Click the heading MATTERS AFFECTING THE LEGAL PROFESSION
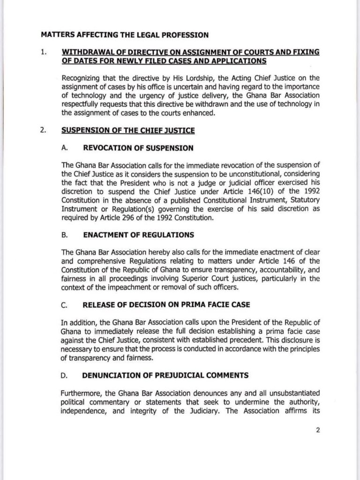124,34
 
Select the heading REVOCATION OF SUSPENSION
138,148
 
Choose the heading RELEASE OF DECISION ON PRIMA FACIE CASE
166,305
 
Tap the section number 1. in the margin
43,52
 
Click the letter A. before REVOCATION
65,148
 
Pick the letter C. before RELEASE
65,305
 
